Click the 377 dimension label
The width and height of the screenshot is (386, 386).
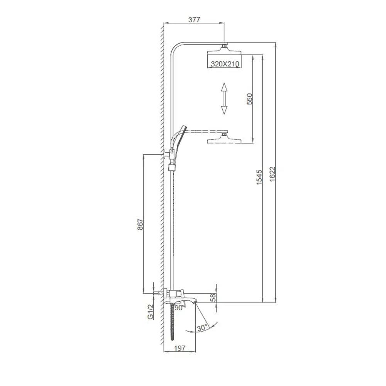click(x=194, y=20)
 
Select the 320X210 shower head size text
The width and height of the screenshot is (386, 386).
click(x=224, y=64)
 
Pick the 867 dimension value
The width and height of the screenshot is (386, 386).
click(x=140, y=225)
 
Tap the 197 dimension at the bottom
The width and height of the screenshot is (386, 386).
click(x=180, y=348)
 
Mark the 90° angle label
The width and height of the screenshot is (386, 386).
click(x=179, y=308)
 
